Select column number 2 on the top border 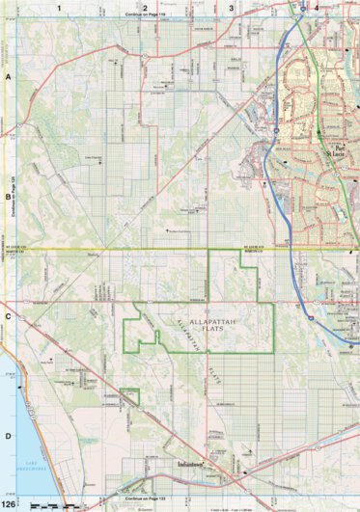(145, 7)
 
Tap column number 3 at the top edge (231, 7)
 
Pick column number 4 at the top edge (316, 7)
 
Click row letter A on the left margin (8, 75)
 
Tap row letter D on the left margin (8, 436)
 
